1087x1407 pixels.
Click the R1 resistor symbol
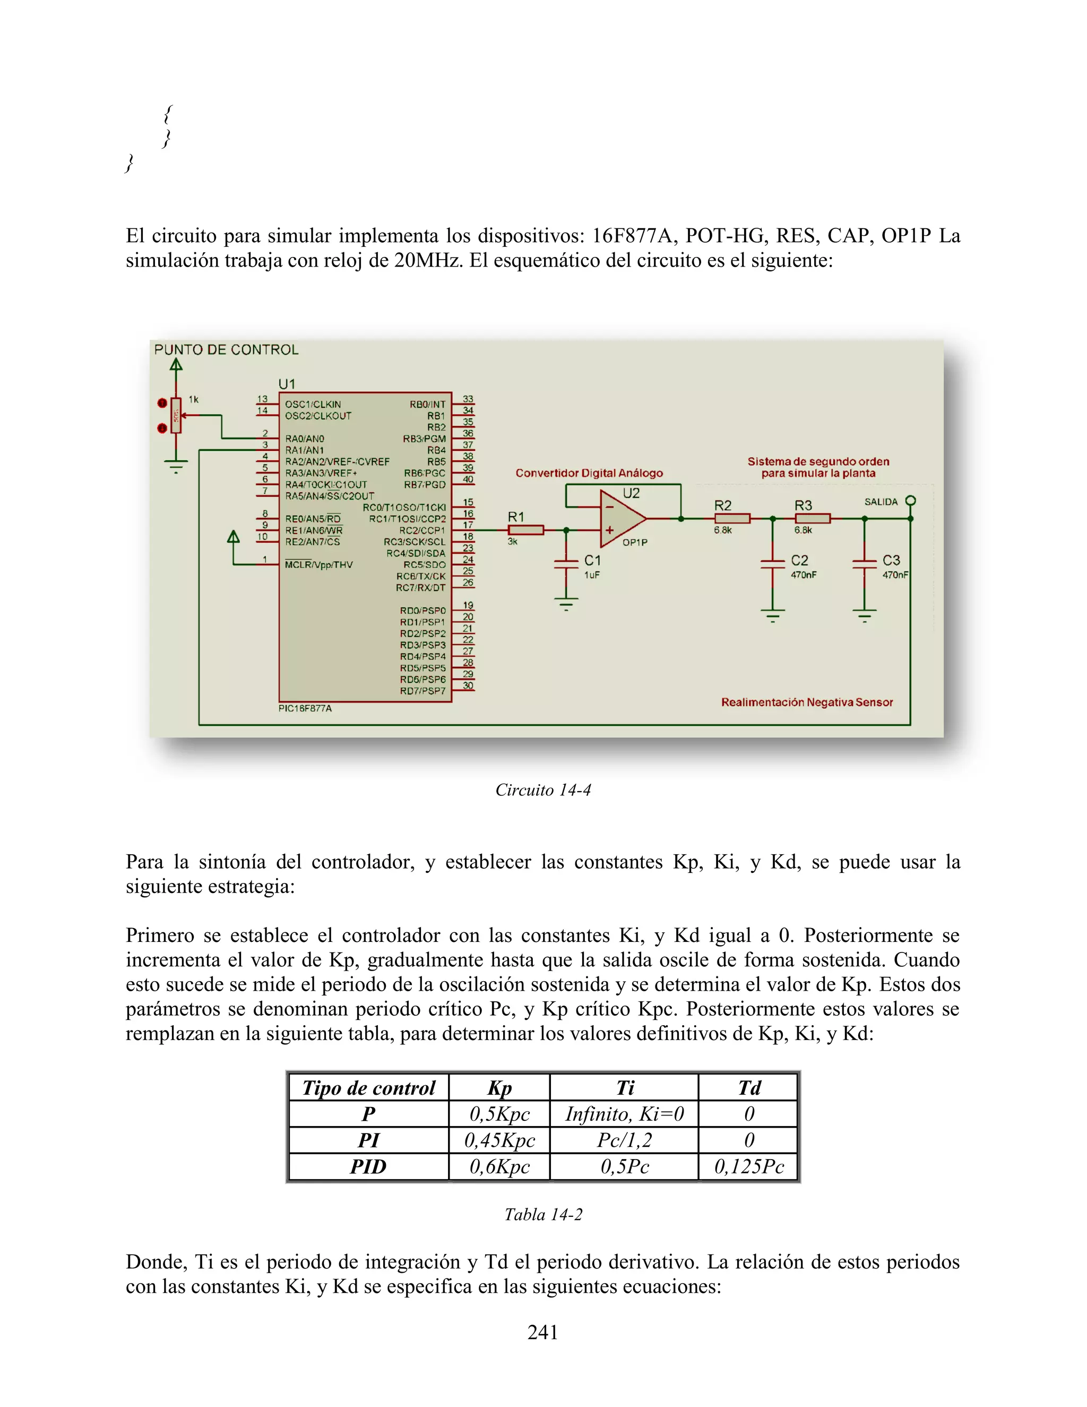[x=525, y=530]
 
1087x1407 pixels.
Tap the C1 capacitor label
[x=592, y=561]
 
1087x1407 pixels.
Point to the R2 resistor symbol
[x=732, y=519]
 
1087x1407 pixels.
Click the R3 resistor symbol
[x=813, y=519]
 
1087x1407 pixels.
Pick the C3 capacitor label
[x=891, y=561]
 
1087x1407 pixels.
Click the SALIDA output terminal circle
[x=911, y=501]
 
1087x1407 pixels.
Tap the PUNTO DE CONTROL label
[x=226, y=350]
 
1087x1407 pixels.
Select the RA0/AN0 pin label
[x=305, y=439]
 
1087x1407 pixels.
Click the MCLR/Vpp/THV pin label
[x=319, y=565]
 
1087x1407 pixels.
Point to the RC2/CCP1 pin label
[x=422, y=530]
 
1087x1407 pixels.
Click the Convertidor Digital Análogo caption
[x=589, y=473]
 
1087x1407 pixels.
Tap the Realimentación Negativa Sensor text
[x=806, y=702]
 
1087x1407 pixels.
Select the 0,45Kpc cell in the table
[x=499, y=1140]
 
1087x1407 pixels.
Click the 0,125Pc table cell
[x=749, y=1166]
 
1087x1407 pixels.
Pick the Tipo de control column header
[x=368, y=1088]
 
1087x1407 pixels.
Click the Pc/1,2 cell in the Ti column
[x=624, y=1140]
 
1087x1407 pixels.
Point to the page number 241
[x=543, y=1332]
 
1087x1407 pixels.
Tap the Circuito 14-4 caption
[x=543, y=790]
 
